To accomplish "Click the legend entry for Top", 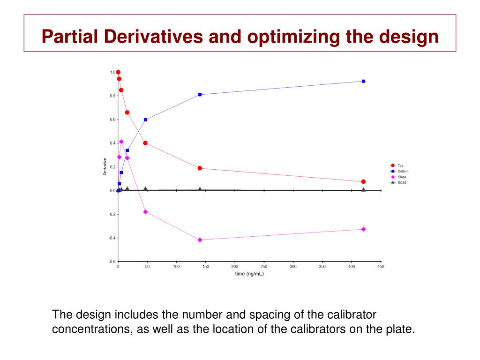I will [400, 165].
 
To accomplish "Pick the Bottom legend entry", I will [403, 171].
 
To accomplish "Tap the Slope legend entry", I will [402, 177].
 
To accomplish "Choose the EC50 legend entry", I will [402, 182].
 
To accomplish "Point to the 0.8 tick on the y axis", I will [112, 96].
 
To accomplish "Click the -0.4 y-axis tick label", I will [112, 238].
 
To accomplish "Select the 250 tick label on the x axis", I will [264, 267].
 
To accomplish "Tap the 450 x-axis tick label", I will [381, 267].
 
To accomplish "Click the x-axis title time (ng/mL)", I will [249, 274].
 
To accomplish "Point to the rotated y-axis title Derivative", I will [104, 166].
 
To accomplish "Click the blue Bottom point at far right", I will [363, 81].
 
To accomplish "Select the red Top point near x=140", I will [200, 168].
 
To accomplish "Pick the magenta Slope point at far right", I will [363, 229].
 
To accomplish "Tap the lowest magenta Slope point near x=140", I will [200, 240].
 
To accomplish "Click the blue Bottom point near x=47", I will [145, 120].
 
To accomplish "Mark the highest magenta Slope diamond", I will [121, 141].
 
